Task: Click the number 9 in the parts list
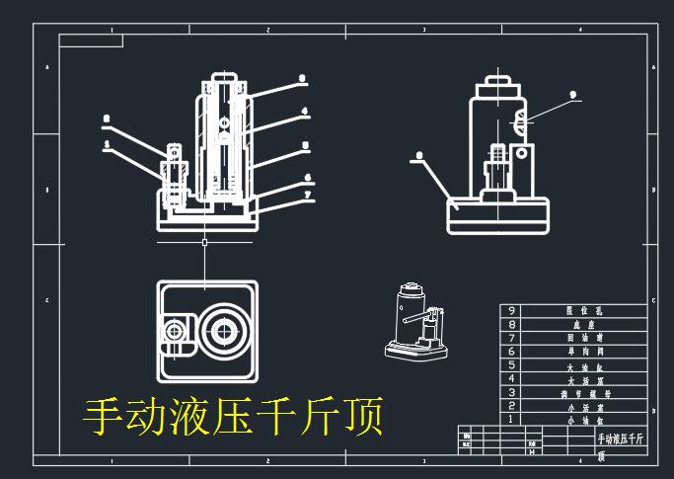(510, 310)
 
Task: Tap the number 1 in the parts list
(510, 419)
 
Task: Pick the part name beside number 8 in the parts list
(576, 324)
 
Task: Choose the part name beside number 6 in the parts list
(576, 351)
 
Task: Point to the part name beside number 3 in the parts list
(576, 392)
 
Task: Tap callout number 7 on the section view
(308, 195)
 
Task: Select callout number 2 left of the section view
(107, 120)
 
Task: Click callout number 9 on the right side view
(571, 96)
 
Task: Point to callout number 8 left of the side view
(419, 155)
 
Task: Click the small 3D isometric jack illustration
(414, 322)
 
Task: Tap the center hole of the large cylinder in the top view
(222, 330)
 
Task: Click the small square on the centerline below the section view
(204, 242)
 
